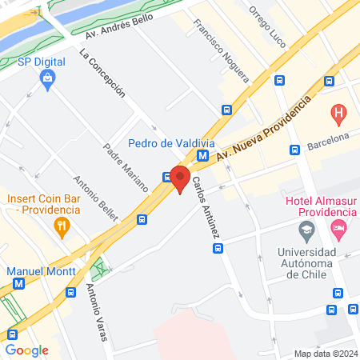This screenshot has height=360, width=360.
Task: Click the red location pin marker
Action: coord(180,178)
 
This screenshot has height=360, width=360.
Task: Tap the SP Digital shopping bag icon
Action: coord(48,78)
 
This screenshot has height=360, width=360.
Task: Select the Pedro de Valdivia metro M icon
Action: coord(203,157)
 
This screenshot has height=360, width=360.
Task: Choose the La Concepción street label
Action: coord(102,73)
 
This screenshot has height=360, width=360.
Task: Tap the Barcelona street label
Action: coord(329,142)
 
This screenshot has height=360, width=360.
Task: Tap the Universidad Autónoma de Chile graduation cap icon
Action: coord(306,230)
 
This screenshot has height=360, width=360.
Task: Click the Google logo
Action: coord(27,350)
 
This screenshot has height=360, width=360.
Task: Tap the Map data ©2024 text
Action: coord(324,353)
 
